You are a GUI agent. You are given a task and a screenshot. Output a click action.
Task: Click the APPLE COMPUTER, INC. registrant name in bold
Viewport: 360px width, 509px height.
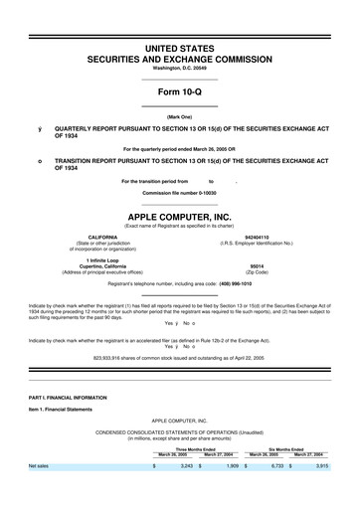click(180, 216)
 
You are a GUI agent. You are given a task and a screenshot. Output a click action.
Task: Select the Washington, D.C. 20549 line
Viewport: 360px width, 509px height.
click(180, 68)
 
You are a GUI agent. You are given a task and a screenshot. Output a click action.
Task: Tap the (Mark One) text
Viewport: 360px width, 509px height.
click(180, 117)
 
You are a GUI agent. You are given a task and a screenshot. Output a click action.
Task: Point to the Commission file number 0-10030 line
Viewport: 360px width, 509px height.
click(180, 192)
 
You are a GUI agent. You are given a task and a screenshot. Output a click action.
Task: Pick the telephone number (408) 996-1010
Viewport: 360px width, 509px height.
click(249, 280)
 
